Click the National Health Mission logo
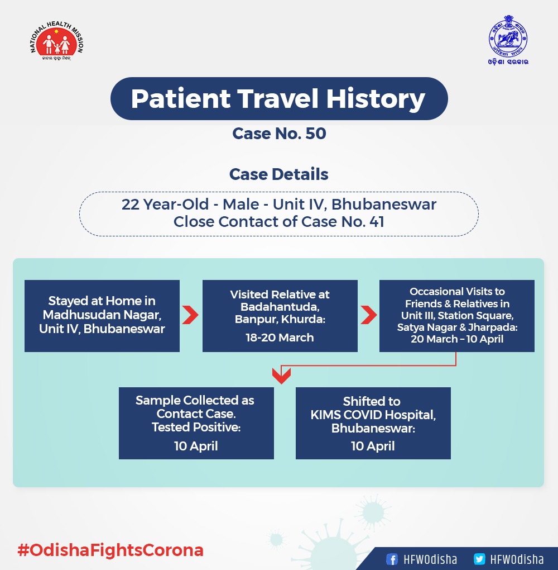click(57, 41)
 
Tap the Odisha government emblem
click(508, 40)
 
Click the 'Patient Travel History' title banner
click(279, 98)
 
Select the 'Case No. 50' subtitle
click(279, 134)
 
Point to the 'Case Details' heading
click(279, 174)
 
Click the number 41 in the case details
click(377, 222)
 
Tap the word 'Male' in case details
click(241, 205)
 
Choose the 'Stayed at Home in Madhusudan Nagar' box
click(102, 316)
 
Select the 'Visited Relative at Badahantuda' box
click(280, 316)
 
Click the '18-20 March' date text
click(280, 338)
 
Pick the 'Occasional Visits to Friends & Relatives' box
click(456, 316)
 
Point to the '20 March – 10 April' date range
click(457, 339)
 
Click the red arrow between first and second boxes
click(190, 315)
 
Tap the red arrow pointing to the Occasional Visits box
click(369, 315)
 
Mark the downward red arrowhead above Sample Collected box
click(281, 376)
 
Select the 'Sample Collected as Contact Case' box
click(196, 423)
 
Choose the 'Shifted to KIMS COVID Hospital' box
click(373, 423)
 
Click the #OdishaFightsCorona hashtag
click(110, 550)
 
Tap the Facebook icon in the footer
click(392, 559)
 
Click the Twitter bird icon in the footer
click(479, 559)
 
